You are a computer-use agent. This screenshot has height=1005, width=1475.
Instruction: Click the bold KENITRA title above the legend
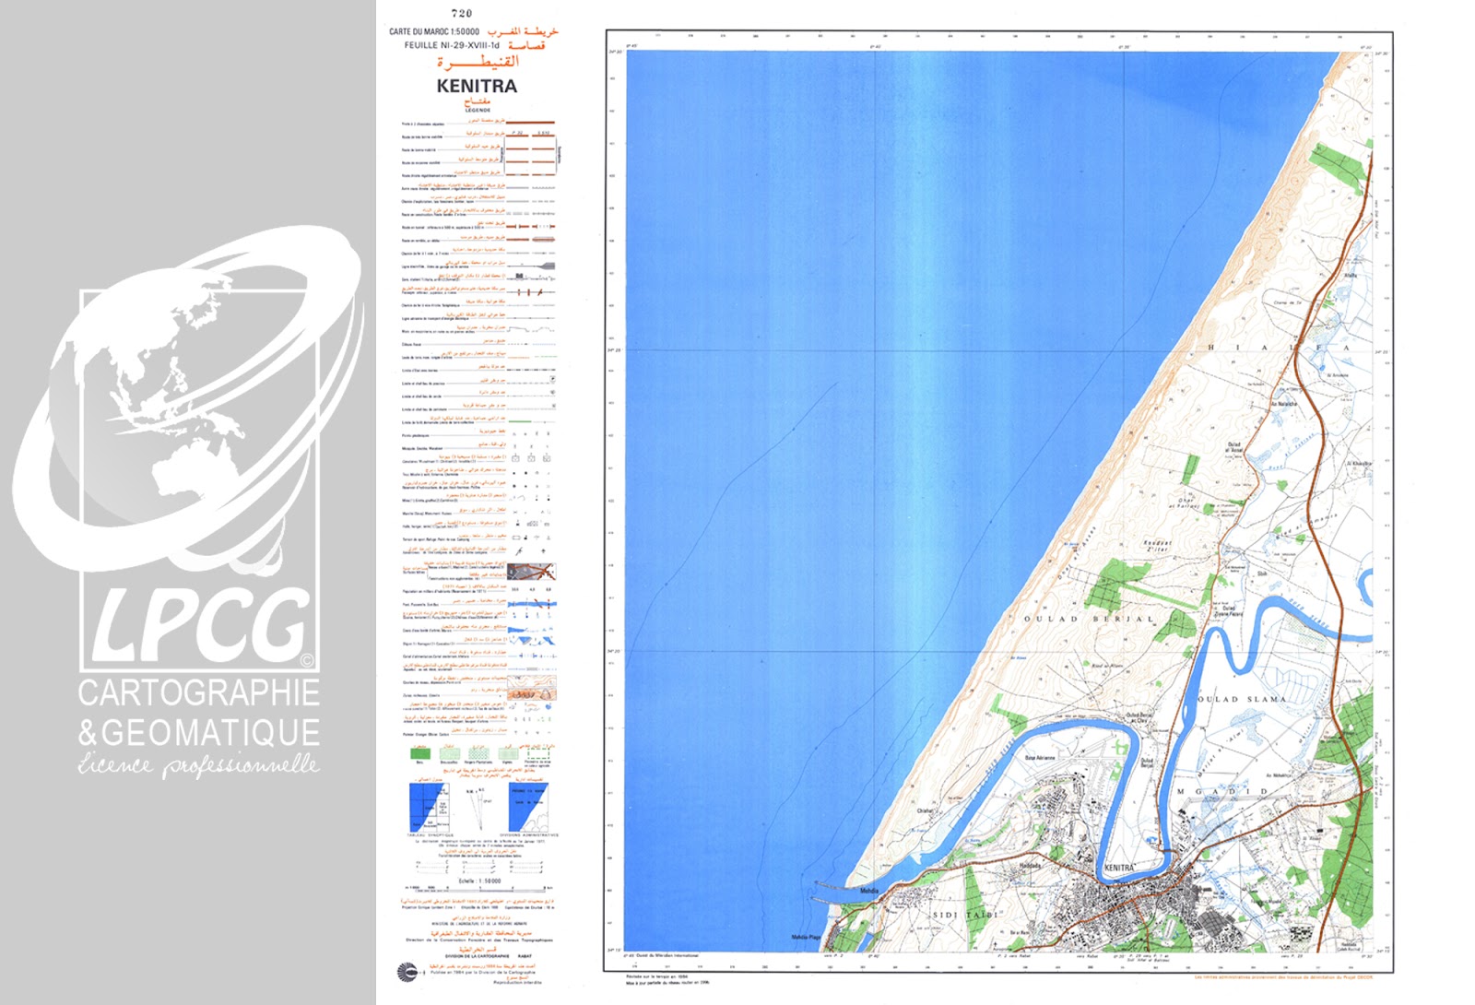477,86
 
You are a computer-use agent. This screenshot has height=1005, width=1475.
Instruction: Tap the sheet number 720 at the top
462,13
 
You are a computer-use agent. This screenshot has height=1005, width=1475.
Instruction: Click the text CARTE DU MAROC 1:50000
433,31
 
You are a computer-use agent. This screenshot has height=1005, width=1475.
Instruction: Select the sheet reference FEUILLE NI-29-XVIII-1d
451,45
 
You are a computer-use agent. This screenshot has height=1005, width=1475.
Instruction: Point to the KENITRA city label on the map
1118,868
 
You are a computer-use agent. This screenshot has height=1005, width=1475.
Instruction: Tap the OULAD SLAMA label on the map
1241,699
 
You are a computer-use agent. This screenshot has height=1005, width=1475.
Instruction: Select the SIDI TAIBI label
965,915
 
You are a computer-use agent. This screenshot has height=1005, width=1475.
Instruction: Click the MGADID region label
1222,791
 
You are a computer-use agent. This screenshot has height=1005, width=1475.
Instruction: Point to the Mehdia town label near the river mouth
868,891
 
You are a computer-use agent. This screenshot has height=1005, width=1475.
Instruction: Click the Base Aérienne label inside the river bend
1040,758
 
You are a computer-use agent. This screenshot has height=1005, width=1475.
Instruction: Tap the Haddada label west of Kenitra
1030,866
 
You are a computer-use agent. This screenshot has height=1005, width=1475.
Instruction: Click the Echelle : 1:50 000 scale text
479,881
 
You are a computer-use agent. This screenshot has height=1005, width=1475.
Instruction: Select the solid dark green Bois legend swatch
420,753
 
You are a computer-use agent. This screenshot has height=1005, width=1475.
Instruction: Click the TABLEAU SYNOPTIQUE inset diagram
429,808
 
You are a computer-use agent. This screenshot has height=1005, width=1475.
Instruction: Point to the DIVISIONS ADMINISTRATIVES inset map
528,808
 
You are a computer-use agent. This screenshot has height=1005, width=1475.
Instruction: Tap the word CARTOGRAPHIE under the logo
198,692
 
